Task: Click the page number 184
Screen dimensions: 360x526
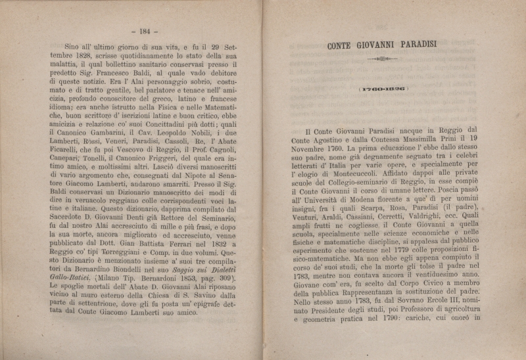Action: point(141,31)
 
